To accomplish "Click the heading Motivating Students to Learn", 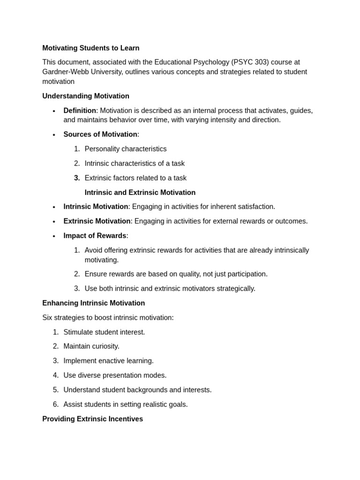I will click(90, 48).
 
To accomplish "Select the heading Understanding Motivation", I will click(86, 96).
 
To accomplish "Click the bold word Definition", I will click(80, 110).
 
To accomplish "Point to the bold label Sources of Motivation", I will click(100, 134).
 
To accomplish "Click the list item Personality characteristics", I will click(125, 149).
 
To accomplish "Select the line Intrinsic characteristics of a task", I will click(135, 163).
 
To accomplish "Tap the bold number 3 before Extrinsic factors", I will click(76, 178).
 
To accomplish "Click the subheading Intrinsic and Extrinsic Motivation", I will click(140, 192).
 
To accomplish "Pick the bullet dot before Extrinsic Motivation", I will click(54, 221).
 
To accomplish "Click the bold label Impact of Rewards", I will click(95, 235).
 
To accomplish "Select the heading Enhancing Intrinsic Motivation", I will click(93, 303).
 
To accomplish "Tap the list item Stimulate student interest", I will click(104, 332).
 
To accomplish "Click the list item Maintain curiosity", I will click(91, 346).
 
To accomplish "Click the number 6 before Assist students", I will click(55, 404).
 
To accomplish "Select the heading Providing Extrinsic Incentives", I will click(92, 419).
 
